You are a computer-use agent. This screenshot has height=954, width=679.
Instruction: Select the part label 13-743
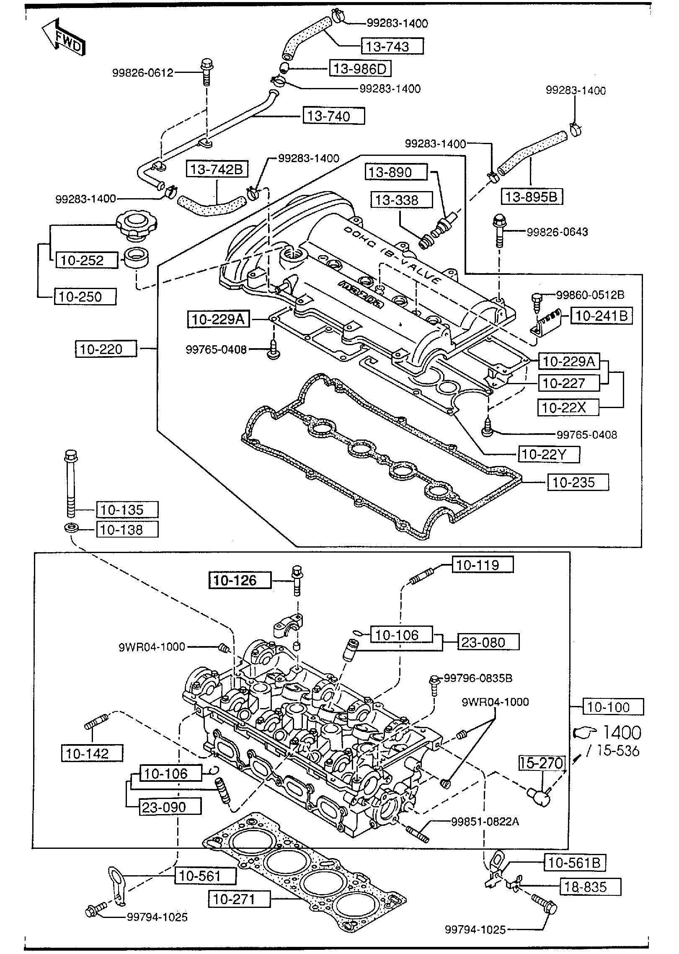coord(392,46)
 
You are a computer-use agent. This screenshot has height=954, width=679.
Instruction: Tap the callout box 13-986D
coord(360,68)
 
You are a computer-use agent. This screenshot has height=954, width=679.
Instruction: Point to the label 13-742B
coord(217,169)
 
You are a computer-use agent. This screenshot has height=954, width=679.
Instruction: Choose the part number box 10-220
coord(106,349)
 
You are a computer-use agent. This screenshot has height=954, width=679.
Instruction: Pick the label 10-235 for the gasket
coord(578,483)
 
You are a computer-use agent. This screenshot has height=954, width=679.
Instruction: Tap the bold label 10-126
coord(240,580)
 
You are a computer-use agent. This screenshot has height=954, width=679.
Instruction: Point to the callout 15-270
coord(542,763)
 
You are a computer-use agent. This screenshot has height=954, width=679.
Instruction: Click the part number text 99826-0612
coord(142,73)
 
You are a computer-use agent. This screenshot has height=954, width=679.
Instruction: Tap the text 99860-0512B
coord(590,295)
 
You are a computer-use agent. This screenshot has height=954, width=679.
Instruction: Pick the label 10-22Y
coord(549,455)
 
